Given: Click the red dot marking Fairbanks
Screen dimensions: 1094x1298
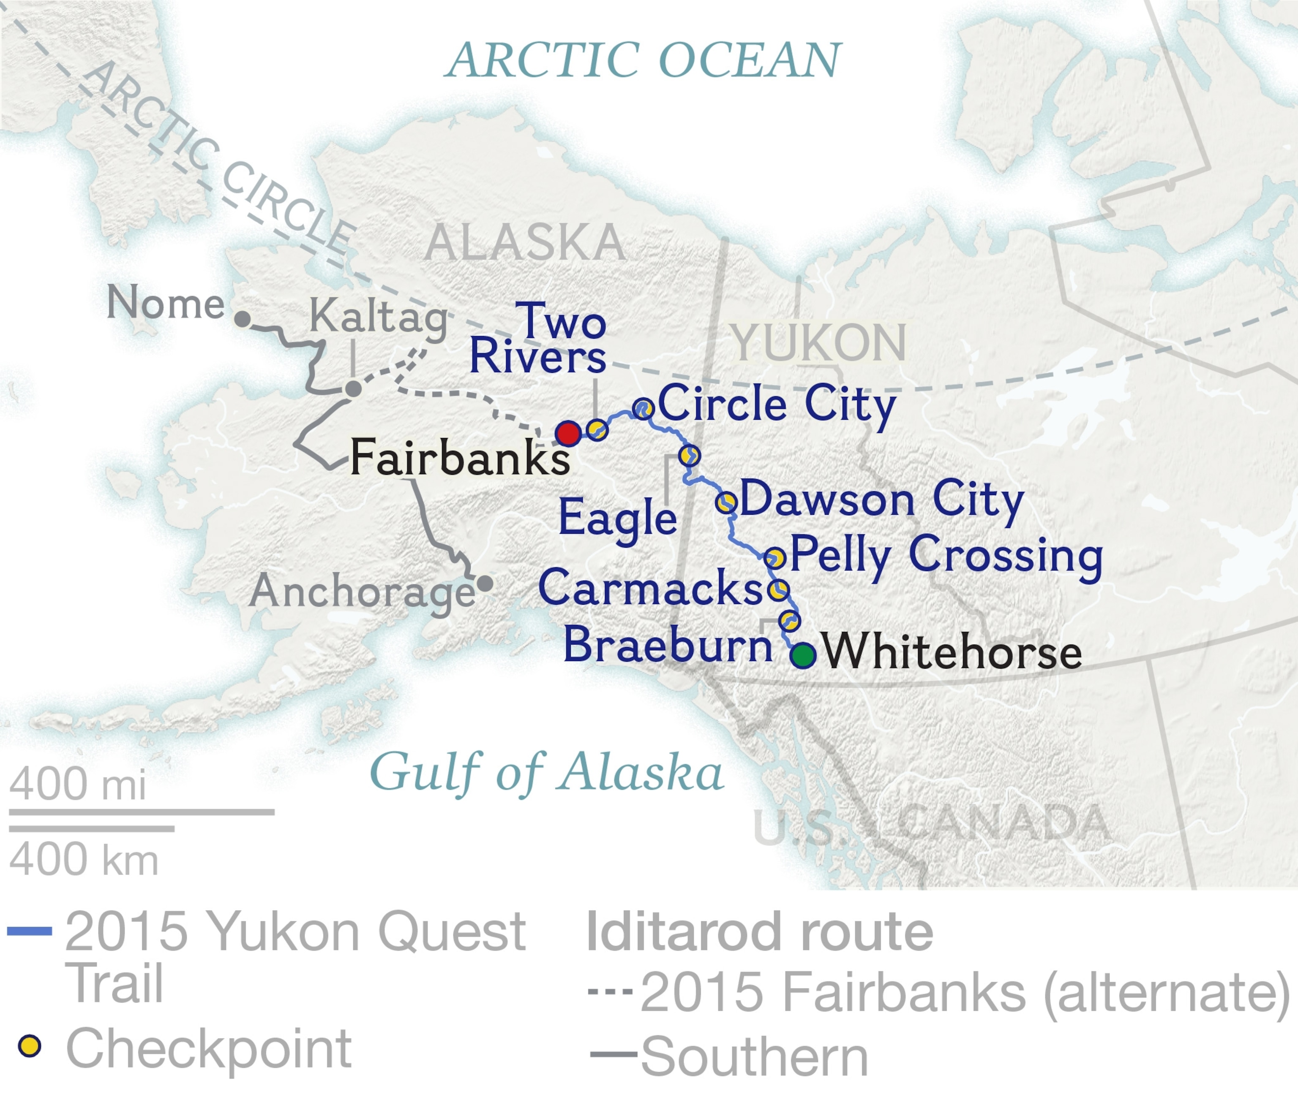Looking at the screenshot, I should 568,433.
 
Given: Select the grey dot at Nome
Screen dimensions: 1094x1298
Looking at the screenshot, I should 243,319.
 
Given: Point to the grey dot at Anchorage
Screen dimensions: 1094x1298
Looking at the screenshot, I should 485,583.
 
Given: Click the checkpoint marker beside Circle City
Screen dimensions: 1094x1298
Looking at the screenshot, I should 643,408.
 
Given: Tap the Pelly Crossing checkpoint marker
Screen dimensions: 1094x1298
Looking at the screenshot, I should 775,557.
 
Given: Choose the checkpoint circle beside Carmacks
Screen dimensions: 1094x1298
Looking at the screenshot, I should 779,589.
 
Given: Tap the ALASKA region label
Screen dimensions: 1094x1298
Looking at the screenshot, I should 525,242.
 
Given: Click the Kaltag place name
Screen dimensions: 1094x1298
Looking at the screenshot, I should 379,316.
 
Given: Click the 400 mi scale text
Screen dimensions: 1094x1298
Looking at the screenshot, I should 78,784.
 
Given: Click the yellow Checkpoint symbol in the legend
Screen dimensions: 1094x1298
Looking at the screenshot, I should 29,1045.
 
